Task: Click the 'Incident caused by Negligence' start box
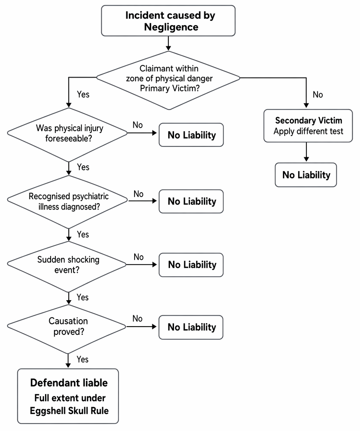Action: tap(168, 21)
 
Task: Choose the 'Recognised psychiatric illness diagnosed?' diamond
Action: tap(67, 202)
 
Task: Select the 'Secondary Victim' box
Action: tap(308, 126)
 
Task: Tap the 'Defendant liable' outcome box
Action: tap(68, 396)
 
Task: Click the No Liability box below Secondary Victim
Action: tap(306, 175)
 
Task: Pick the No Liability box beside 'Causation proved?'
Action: tap(191, 327)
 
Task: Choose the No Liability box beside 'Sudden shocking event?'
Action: tap(191, 265)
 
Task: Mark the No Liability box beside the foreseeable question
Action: tap(191, 135)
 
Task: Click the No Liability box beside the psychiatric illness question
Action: tap(191, 201)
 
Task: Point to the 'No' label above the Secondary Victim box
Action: tap(318, 94)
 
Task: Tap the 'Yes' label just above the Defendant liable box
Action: tap(82, 359)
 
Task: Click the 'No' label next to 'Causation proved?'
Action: tap(137, 318)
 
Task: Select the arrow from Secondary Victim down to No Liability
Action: tap(306, 152)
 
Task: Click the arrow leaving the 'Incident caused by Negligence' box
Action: tap(168, 43)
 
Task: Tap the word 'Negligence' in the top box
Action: tap(171, 27)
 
